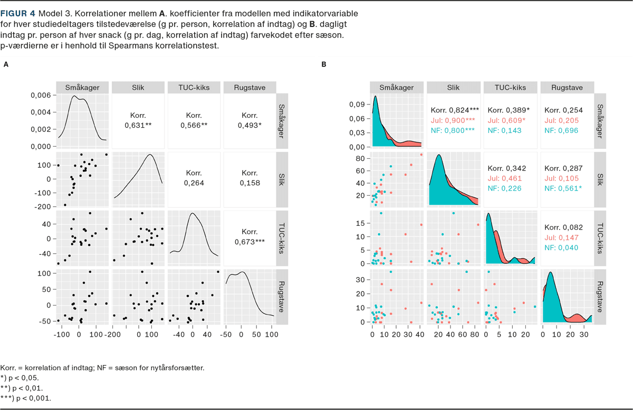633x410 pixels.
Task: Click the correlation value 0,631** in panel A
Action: click(138, 126)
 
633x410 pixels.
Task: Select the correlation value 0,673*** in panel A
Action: click(250, 242)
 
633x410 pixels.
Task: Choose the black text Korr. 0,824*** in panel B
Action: click(455, 110)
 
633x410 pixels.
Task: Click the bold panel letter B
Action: click(324, 64)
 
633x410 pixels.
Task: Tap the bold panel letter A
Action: click(6, 64)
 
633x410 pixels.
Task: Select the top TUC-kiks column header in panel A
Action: click(193, 88)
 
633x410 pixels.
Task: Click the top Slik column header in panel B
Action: click(454, 88)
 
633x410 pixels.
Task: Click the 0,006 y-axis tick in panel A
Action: click(41, 95)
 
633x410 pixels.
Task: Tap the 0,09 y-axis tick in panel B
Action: click(357, 104)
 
